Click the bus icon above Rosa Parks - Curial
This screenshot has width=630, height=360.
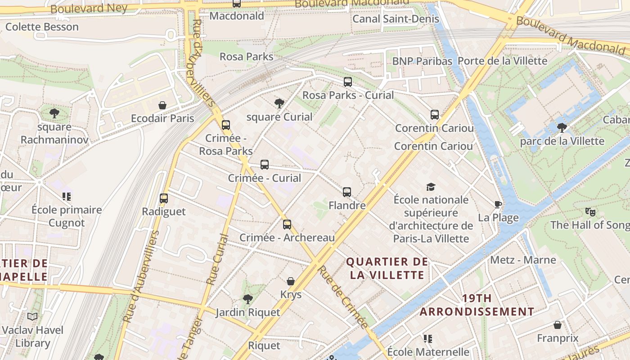click(347, 82)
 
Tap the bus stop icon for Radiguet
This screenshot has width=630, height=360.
click(164, 198)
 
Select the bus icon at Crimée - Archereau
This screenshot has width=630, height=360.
click(287, 224)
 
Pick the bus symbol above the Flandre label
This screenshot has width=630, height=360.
click(346, 192)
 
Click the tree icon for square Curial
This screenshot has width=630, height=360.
click(279, 103)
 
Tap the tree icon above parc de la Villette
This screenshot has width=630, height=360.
click(562, 128)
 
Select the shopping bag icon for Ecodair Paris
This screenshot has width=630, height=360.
click(162, 106)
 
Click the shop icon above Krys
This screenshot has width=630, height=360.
click(291, 281)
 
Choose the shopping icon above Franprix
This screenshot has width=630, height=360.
click(558, 325)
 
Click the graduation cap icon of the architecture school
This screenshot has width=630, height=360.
click(431, 187)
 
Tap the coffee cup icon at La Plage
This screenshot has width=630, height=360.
click(498, 205)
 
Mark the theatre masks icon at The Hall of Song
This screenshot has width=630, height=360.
click(590, 211)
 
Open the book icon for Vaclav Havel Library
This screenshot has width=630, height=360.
click(32, 317)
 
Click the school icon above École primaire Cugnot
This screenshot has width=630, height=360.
click(67, 197)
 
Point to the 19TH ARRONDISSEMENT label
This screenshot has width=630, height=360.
click(477, 305)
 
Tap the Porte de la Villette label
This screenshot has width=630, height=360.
click(502, 61)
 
